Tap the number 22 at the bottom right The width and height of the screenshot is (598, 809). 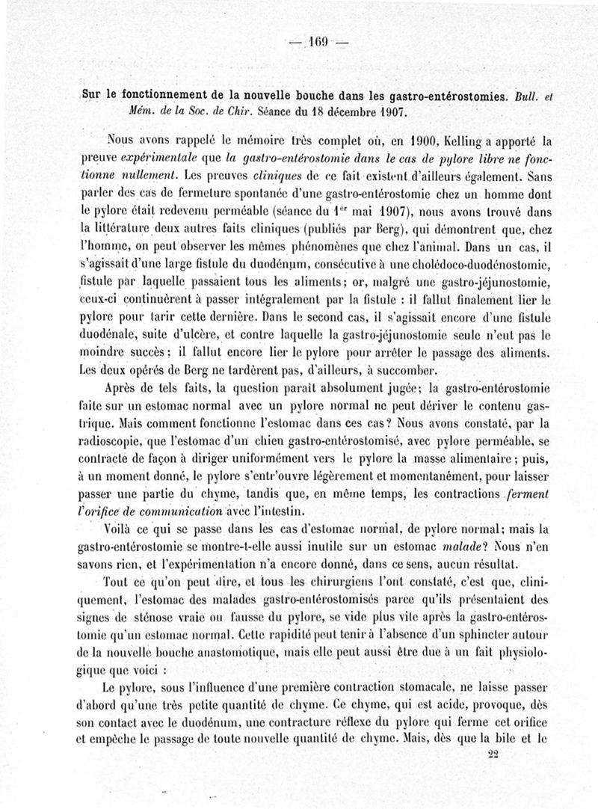(492, 755)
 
